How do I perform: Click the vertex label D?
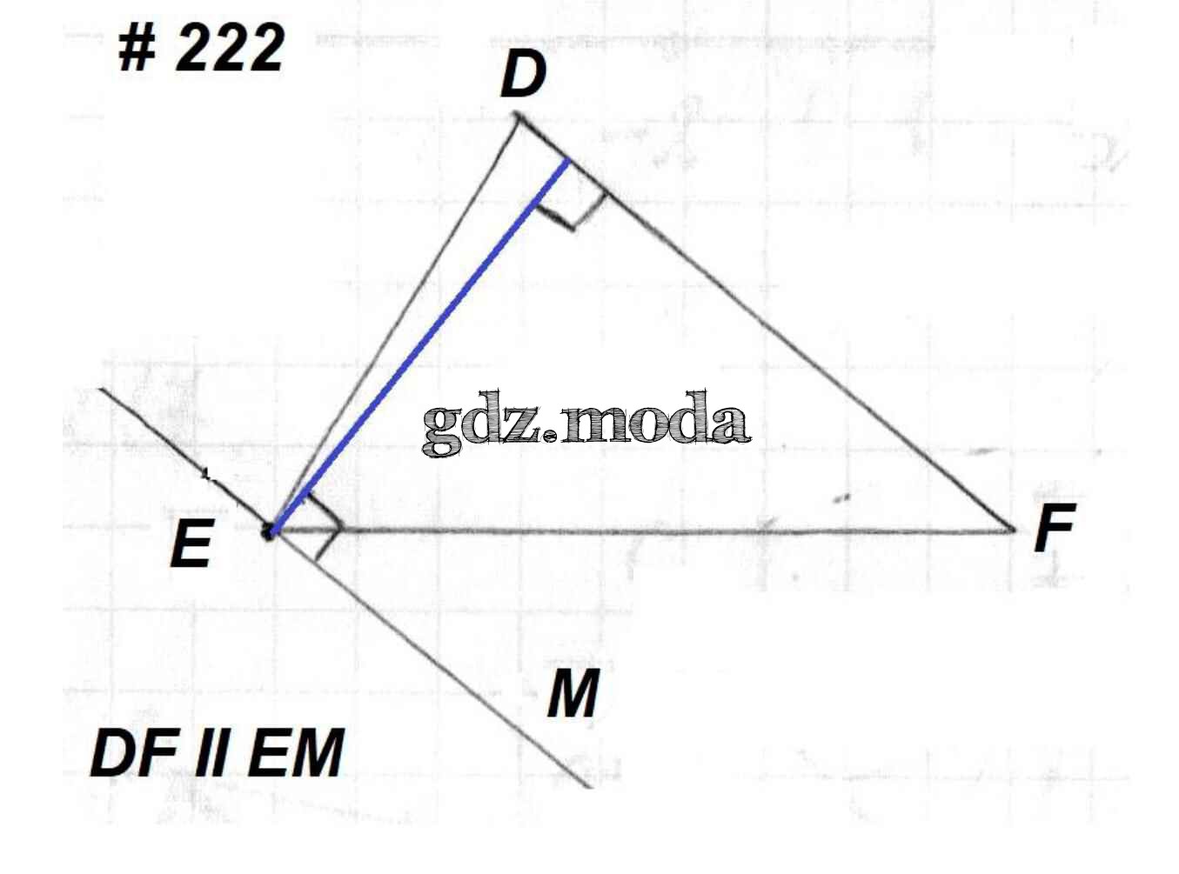523,75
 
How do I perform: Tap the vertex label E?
191,544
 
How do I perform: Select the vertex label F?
1055,528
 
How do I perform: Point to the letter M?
573,694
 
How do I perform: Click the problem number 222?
231,48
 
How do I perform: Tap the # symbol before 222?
137,48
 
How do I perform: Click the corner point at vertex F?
1013,528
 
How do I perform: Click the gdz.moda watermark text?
585,424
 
